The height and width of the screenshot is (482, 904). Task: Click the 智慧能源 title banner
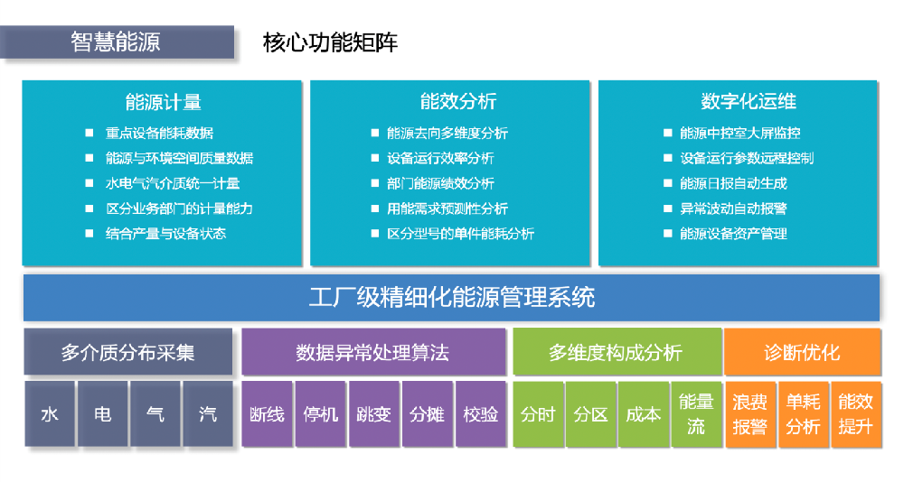pos(117,42)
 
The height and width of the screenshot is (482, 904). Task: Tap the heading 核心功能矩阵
pos(330,42)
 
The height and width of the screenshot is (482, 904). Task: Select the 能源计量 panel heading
pos(163,102)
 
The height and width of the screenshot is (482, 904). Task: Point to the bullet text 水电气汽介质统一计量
pos(173,183)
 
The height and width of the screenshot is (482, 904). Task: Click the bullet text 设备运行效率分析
pos(440,158)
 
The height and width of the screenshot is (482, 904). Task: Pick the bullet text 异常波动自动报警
pos(733,209)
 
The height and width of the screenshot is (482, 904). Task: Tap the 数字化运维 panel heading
pos(749,101)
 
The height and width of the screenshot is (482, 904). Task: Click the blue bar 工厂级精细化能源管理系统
pos(451,297)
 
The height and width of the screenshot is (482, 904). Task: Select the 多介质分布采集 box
pos(128,351)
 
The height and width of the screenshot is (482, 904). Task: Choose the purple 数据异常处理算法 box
pos(373,351)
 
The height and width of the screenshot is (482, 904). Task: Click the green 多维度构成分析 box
pos(617,351)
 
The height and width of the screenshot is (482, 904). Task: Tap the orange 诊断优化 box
pos(803,351)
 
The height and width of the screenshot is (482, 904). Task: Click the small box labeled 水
pos(50,413)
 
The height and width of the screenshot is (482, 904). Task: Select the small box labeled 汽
pos(208,413)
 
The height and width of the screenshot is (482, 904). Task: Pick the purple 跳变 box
pos(373,413)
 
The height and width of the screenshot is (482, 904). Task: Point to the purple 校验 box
pos(480,413)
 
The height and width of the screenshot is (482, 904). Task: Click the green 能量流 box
pos(696,413)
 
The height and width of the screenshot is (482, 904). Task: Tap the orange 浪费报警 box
pos(749,413)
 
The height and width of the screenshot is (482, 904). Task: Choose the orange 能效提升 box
pos(855,413)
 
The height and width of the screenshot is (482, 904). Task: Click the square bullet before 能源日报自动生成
pos(668,183)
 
